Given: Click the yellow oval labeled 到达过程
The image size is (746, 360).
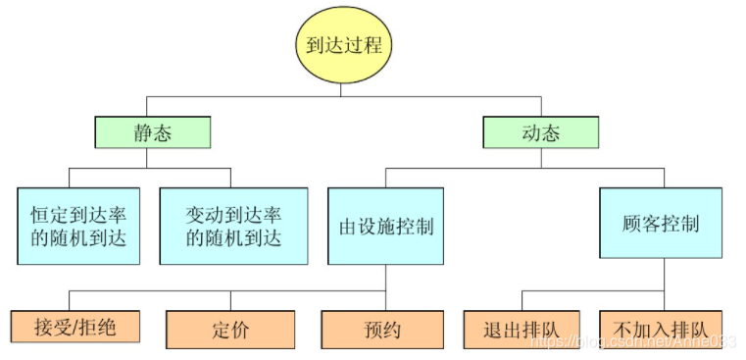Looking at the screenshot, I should tap(342, 46).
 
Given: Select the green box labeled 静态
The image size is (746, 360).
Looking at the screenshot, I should tap(152, 131).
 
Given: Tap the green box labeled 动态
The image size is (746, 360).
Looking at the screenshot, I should tap(540, 131).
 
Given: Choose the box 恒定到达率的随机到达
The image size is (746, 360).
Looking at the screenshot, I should tap(78, 225).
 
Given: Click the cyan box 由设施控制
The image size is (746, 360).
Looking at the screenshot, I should tap(385, 226).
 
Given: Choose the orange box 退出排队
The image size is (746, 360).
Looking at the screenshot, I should tap(522, 328).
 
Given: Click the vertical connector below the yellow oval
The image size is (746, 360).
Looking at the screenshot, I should tap(342, 88).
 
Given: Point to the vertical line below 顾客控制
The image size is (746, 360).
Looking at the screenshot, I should tap(664, 278).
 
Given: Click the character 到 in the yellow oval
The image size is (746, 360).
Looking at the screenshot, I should tap(317, 46).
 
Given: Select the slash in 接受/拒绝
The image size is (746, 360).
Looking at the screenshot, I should tap(75, 327).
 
